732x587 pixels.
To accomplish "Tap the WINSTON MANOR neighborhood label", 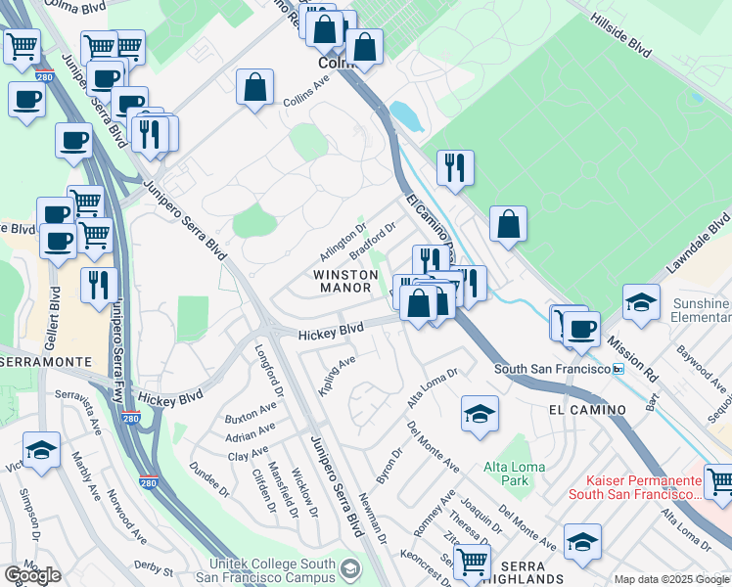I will coord(344,282).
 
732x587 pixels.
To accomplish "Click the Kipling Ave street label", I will coord(338,376).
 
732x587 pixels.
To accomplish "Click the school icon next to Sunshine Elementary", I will coord(641,301).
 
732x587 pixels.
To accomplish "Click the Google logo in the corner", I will coord(32,575).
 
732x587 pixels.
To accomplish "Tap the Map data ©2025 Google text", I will coord(671,579).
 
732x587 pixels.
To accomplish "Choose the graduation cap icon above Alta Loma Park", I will coord(480,413).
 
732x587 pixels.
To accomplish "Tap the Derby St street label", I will coord(154,568).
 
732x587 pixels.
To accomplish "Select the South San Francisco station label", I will coord(551,369).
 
